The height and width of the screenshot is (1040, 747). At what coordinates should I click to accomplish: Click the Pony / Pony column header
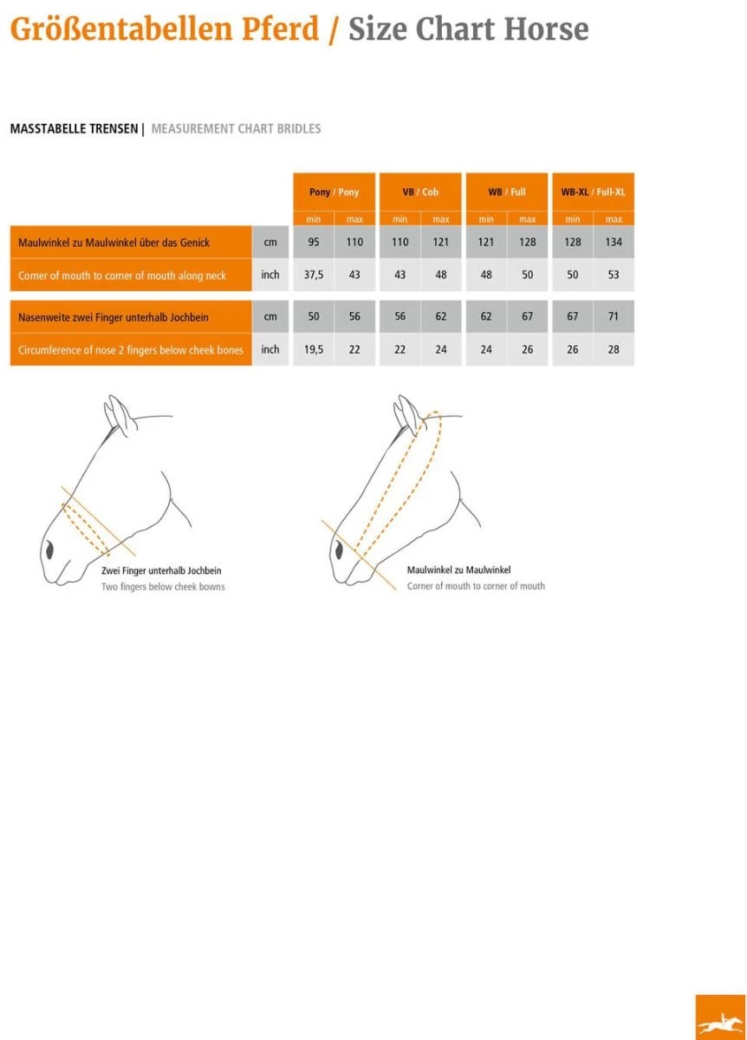334,192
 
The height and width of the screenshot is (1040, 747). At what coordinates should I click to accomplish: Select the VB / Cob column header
420,192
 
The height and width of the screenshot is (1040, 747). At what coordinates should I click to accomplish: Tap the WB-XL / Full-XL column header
593,192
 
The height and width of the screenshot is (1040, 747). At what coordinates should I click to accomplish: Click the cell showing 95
314,242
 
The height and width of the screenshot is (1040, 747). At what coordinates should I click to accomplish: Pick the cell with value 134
614,242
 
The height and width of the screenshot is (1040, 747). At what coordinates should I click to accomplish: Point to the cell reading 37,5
314,275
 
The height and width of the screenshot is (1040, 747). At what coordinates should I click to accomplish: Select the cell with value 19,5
314,349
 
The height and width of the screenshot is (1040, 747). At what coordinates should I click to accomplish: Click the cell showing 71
614,316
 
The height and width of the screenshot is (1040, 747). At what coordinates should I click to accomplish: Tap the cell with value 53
614,275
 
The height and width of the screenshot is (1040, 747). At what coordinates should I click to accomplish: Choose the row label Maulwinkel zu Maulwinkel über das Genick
114,243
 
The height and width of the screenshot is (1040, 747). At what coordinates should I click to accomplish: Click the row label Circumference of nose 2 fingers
131,350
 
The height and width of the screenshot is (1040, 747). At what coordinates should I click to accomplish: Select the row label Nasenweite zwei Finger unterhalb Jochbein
114,317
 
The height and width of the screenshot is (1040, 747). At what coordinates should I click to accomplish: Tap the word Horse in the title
547,29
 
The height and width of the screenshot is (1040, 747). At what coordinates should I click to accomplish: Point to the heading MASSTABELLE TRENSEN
74,128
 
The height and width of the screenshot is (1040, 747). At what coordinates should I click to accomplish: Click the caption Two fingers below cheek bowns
163,587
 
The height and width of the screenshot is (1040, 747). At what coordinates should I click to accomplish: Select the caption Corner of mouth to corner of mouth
476,586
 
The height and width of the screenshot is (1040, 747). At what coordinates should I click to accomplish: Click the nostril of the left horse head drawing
49,550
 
